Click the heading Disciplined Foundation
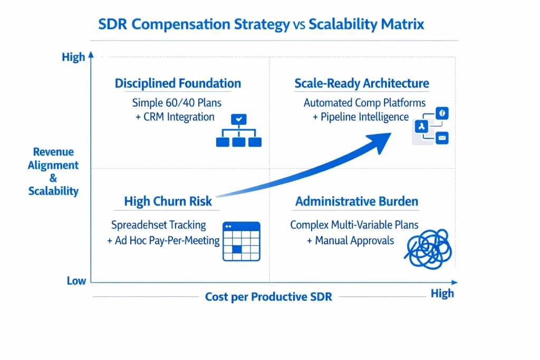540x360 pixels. pyautogui.click(x=178, y=83)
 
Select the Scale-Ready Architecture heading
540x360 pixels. pyautogui.click(x=361, y=83)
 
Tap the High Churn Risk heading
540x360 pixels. pyautogui.click(x=168, y=201)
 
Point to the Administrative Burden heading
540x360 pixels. pyautogui.click(x=356, y=201)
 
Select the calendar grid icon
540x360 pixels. pyautogui.click(x=241, y=241)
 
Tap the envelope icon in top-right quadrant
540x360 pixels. pyautogui.click(x=442, y=138)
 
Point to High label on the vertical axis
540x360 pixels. pyautogui.click(x=73, y=57)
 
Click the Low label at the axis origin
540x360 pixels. pyautogui.click(x=76, y=281)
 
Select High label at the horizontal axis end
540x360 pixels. pyautogui.click(x=442, y=294)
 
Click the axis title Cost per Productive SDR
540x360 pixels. pyautogui.click(x=268, y=297)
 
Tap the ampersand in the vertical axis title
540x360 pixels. pyautogui.click(x=53, y=178)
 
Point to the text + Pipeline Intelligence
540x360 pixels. pyautogui.click(x=361, y=116)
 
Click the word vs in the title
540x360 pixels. pyautogui.click(x=299, y=25)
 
